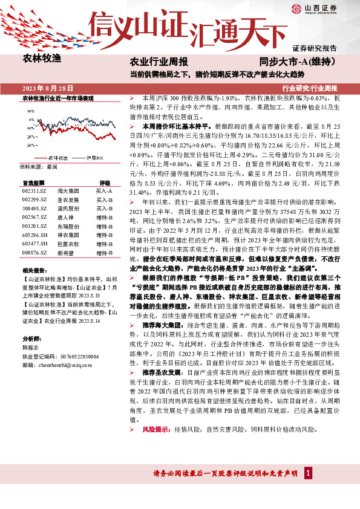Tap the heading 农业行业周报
(x=159, y=62)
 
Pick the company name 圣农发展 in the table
(x=68, y=199)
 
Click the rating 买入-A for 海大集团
(x=105, y=190)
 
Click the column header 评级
(x=105, y=182)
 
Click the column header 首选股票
(x=33, y=182)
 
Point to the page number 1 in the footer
(x=309, y=488)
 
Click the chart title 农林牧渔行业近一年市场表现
(x=58, y=98)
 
